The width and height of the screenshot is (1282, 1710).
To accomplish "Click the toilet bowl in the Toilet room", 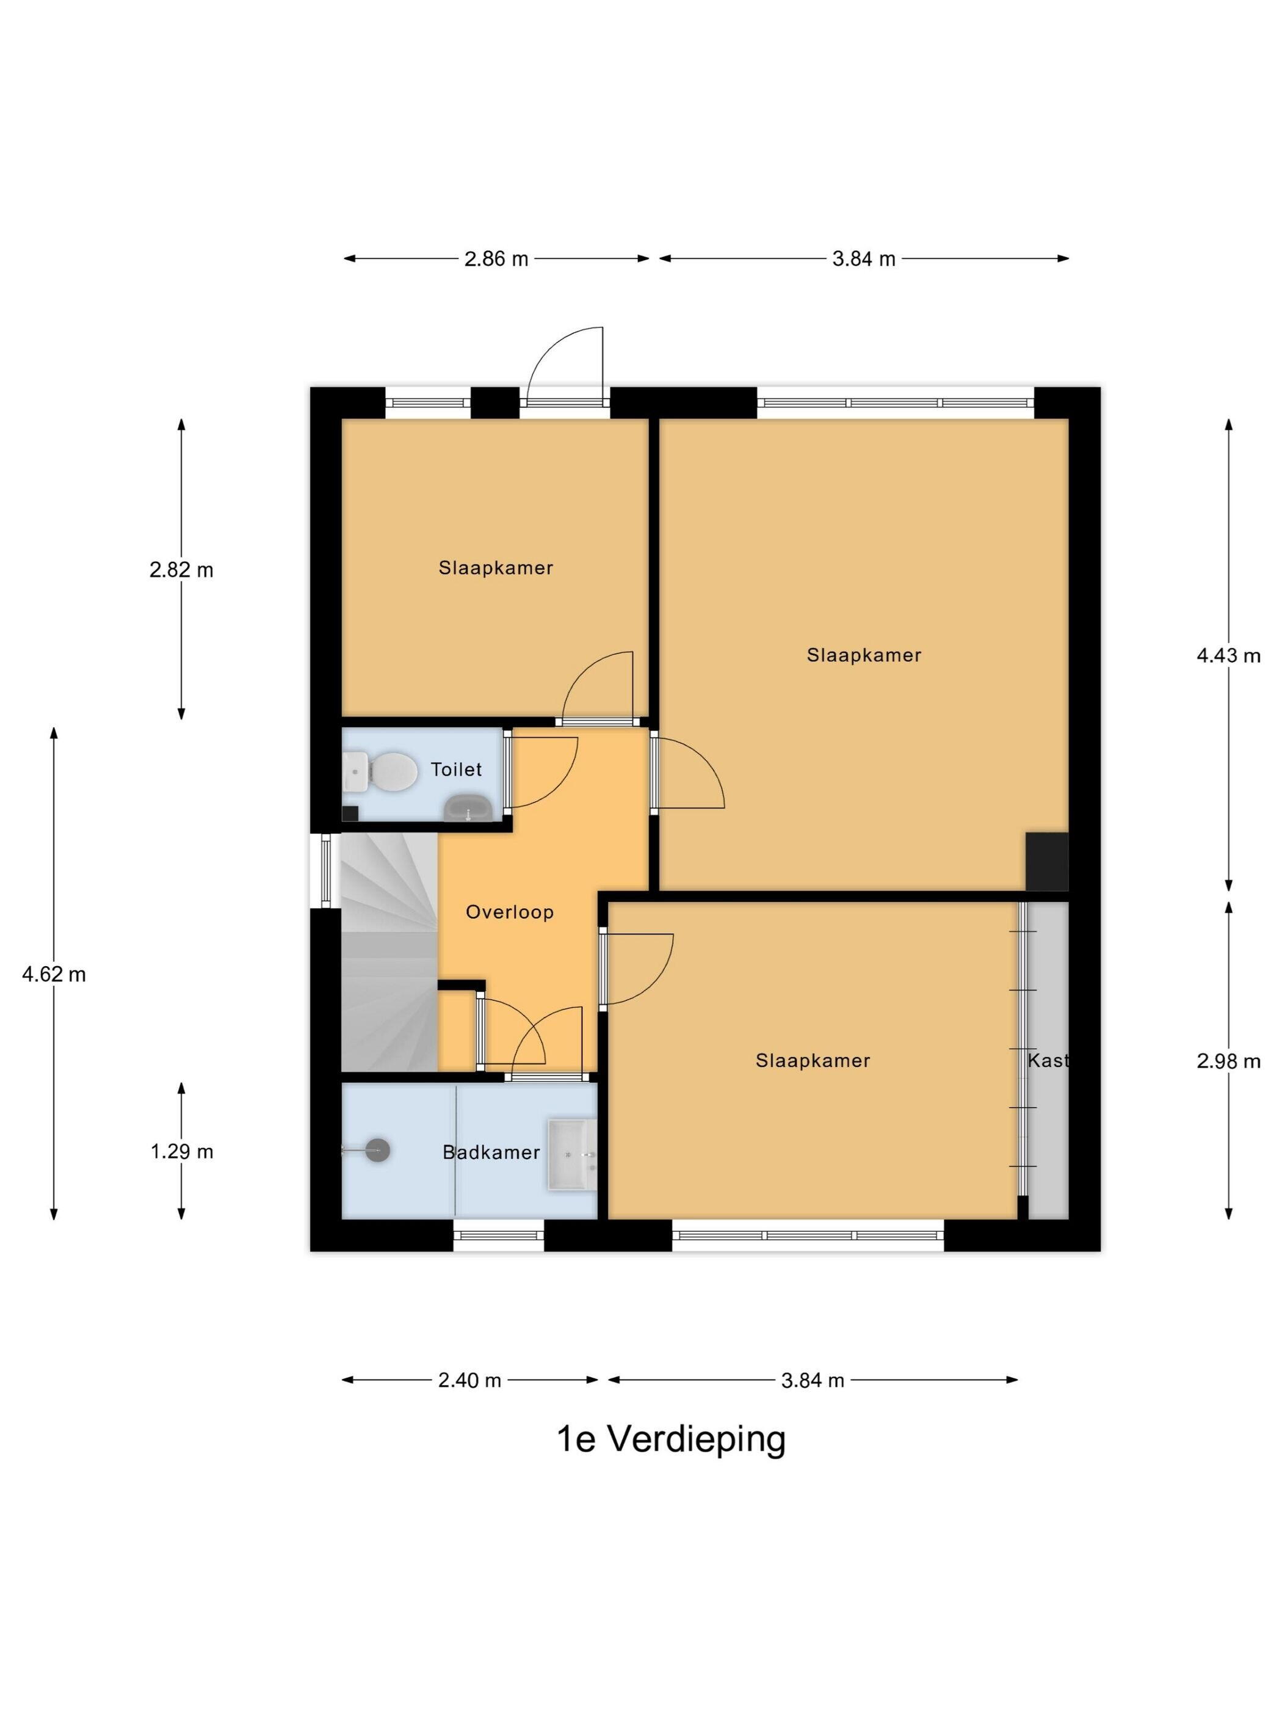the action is point(383,771).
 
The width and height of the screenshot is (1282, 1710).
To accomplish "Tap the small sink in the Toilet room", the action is point(468,809).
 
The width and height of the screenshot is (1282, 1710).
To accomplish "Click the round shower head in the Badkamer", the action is point(377,1151).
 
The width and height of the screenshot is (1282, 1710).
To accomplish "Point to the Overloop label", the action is point(509,912).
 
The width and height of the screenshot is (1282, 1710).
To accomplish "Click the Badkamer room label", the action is point(491,1152).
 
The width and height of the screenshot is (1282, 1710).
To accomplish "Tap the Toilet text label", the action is point(456,769).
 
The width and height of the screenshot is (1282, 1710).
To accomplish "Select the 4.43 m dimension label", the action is point(1228,655).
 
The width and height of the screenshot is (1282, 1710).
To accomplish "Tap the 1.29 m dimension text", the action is point(181,1151).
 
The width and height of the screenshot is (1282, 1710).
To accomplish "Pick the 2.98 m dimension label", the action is point(1228,1061).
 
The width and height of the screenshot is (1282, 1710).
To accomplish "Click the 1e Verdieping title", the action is point(671,1439).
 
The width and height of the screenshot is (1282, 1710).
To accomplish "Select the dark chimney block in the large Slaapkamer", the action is point(1046,861).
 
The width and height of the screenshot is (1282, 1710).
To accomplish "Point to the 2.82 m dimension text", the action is point(181,570).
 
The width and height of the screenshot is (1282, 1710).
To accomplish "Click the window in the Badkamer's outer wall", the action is point(498,1235).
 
